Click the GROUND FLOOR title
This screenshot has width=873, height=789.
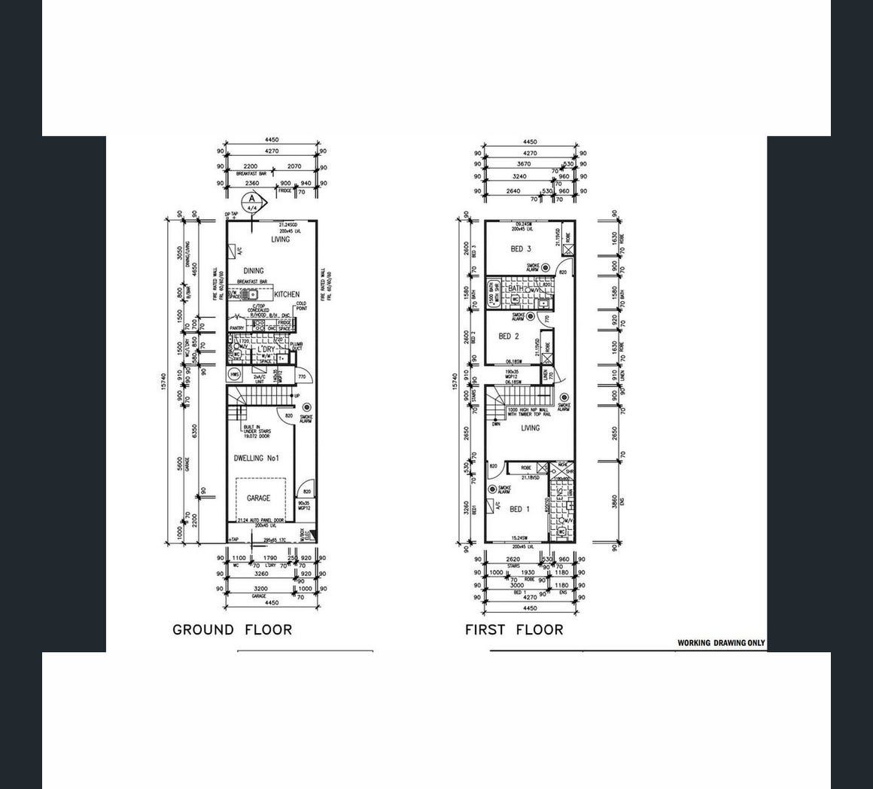(232, 629)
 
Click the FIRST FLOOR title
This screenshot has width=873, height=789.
(514, 629)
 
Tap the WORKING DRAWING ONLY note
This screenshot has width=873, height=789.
(721, 643)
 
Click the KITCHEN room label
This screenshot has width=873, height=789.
(287, 294)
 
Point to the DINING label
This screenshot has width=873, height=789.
(254, 271)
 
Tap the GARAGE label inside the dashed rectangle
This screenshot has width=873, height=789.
(258, 498)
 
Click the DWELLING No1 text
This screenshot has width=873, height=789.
(257, 458)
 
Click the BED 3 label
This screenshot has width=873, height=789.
(521, 249)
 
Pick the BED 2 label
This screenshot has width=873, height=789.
(510, 337)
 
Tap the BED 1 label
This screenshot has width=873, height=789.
(520, 509)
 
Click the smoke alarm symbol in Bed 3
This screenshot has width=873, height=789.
(546, 267)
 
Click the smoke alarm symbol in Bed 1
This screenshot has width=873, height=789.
(492, 489)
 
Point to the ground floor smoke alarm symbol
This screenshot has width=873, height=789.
(306, 407)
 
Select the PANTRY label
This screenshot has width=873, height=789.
(236, 328)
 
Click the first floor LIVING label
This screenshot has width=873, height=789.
(531, 428)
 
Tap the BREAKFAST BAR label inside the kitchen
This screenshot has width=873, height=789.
(253, 282)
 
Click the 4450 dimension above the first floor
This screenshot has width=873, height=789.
(530, 141)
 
